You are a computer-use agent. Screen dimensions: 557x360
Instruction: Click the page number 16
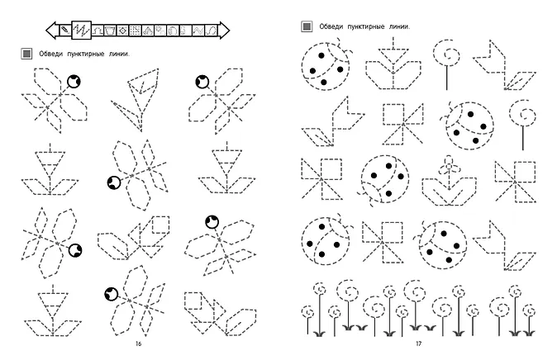138,343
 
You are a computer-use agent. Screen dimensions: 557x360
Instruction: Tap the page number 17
418,343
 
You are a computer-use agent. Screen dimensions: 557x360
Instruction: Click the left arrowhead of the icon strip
51,30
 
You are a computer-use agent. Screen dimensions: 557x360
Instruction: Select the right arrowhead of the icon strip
224,30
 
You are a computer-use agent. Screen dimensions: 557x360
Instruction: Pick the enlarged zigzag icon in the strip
81,30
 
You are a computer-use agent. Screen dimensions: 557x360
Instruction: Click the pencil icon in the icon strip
64,31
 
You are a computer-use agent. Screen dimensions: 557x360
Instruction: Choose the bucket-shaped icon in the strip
110,31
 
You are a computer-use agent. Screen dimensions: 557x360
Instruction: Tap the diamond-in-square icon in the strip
122,31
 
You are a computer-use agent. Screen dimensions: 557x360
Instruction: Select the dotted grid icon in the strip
135,31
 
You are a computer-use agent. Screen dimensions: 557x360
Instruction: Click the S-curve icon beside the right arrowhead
212,31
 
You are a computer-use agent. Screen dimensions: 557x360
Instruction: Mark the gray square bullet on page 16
26,54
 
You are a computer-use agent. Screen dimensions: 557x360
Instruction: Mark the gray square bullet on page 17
307,26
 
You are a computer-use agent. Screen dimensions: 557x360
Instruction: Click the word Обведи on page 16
50,54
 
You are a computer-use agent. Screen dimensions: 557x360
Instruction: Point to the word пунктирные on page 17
366,26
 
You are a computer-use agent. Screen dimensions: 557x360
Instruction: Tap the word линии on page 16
119,54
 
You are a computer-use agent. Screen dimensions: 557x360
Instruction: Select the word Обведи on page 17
331,26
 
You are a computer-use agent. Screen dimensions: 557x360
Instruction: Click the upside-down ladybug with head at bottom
383,181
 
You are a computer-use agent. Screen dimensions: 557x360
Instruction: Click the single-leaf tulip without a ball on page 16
136,99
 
